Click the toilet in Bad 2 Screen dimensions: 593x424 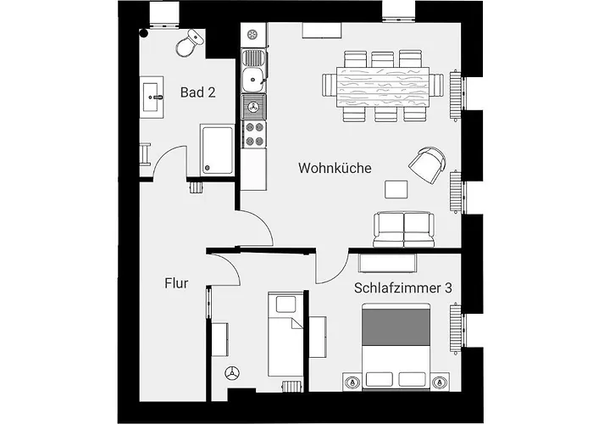point(190,43)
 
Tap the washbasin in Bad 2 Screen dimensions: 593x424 point(152,98)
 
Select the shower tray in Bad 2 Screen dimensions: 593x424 point(217,150)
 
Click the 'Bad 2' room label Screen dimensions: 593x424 point(197,92)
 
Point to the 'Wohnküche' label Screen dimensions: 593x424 point(335,168)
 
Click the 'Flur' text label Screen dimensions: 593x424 point(176,283)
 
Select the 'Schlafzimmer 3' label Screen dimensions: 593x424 point(402,287)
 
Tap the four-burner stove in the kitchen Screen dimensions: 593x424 point(254,134)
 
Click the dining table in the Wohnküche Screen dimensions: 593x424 point(383,87)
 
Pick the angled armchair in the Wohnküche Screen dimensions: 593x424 point(427,165)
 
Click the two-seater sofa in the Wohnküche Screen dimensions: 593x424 point(404,230)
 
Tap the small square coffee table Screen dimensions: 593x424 point(396,189)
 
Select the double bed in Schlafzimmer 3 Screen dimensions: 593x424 point(396,346)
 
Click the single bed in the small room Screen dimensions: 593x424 point(285,334)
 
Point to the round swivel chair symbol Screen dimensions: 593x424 point(232,373)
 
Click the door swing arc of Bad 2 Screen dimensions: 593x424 point(164,154)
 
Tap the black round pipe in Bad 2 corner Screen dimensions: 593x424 point(144,33)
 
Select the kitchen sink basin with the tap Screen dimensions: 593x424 point(253,80)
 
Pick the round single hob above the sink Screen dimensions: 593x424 point(252,35)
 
